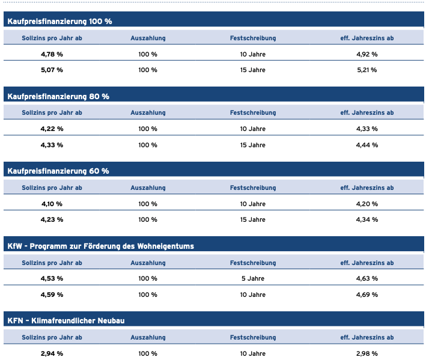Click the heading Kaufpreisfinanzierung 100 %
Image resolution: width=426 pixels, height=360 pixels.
[59, 21]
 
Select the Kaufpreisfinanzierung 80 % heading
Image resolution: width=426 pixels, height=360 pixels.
[58, 96]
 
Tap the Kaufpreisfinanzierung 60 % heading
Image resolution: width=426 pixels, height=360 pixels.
[58, 171]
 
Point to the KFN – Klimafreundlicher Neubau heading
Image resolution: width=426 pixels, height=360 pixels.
[65, 320]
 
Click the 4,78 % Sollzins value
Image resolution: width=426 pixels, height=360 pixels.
[52, 54]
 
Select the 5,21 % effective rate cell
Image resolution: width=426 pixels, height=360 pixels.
[367, 70]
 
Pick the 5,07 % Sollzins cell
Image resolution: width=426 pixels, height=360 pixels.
[52, 70]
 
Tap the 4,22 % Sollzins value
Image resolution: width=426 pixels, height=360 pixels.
[52, 129]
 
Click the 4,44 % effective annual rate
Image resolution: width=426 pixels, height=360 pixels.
[367, 145]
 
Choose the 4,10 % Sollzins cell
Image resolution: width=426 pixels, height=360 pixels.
[52, 204]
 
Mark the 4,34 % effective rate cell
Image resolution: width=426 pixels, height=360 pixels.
[367, 219]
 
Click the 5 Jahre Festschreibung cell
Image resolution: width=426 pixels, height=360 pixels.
[253, 278]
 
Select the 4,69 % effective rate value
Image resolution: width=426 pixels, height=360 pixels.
[367, 295]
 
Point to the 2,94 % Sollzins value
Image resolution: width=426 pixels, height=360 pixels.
[52, 353]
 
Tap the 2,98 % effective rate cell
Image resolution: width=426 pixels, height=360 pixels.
[367, 353]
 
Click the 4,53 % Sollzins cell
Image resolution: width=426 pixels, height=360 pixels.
[52, 278]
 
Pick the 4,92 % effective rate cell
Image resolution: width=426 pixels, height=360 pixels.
[367, 54]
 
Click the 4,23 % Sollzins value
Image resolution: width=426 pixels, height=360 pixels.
[52, 219]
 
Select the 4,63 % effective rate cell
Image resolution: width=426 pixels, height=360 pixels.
[367, 278]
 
